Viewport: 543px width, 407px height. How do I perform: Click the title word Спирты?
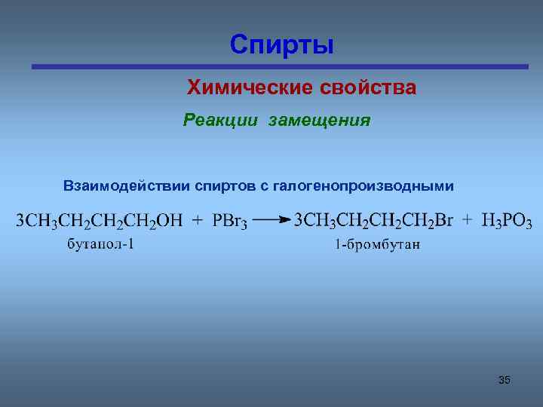point(282,44)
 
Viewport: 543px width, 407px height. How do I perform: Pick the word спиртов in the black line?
point(222,185)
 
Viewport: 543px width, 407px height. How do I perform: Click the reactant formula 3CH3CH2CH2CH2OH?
point(100,221)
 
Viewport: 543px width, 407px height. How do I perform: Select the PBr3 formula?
point(230,222)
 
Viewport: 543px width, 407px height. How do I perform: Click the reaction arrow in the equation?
point(272,220)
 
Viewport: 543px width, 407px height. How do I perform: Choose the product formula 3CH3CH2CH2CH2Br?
point(373,221)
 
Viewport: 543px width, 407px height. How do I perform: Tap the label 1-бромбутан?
point(377,244)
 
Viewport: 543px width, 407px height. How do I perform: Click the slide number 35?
point(504,380)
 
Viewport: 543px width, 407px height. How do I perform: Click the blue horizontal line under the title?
point(279,66)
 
